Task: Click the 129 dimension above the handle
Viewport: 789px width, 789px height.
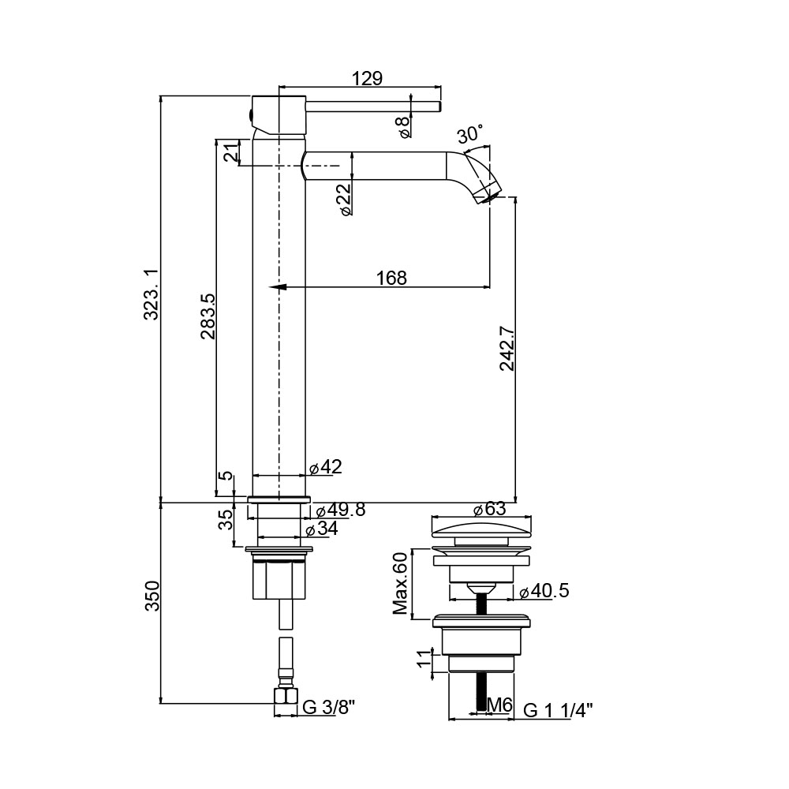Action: [x=367, y=78]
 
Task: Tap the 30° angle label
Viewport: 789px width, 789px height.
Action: [x=470, y=134]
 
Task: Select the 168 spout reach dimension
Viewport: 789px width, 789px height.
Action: [x=392, y=278]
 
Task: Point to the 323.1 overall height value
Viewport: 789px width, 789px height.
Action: [x=151, y=294]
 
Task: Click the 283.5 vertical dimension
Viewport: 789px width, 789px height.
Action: [x=208, y=316]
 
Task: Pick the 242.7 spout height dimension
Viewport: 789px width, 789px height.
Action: [x=507, y=349]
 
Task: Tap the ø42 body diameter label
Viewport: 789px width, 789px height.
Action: [x=326, y=467]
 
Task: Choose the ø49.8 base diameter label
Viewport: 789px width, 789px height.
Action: [x=341, y=510]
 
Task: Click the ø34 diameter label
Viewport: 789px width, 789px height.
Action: [x=322, y=529]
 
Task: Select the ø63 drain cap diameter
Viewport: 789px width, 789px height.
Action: [x=490, y=509]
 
